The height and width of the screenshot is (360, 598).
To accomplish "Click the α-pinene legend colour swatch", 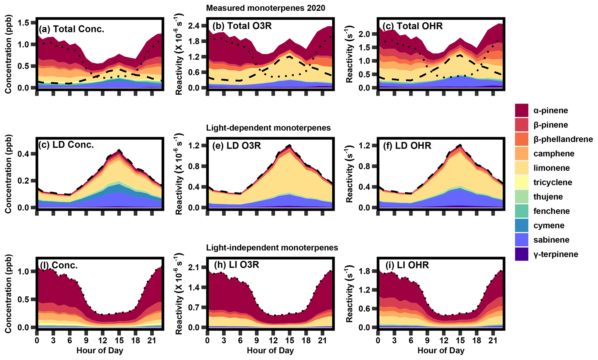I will (x=521, y=110).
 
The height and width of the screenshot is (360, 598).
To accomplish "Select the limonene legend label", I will (x=551, y=168).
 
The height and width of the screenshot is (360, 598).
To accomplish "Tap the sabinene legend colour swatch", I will (x=521, y=240).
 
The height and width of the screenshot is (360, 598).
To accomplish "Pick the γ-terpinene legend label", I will (x=556, y=254).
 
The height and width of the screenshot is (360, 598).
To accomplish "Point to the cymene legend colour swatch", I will (x=521, y=226).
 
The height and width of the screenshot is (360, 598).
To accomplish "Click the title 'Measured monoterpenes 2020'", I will (x=265, y=8).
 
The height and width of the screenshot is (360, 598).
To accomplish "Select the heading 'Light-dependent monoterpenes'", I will (x=268, y=128).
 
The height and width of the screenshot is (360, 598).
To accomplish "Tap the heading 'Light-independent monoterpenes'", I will (x=272, y=248).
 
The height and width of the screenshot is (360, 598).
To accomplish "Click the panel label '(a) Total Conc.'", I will (x=71, y=29).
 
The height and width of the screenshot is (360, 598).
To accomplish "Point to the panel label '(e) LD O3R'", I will (x=237, y=145).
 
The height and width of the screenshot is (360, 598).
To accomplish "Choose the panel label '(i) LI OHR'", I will (x=407, y=265).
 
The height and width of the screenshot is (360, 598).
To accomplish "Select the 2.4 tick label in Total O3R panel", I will (x=194, y=26).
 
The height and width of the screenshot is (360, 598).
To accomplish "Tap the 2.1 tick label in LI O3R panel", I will (x=194, y=267).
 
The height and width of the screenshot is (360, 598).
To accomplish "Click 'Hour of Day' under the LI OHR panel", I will (x=441, y=351).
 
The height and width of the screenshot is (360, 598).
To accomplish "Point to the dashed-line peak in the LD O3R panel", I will (x=289, y=145).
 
